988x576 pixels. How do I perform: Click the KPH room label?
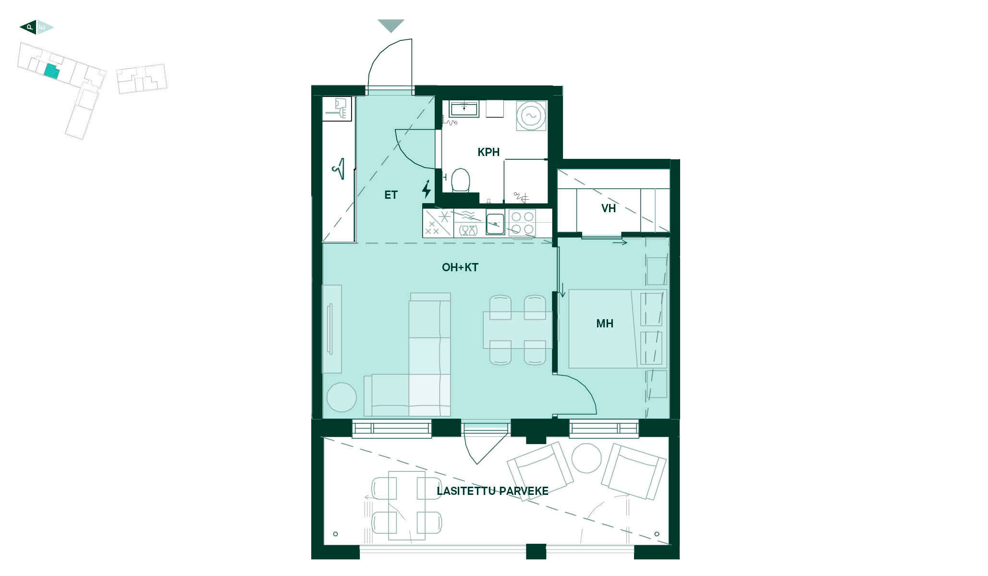[x=488, y=152]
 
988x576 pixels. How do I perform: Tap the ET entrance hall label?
[x=391, y=195]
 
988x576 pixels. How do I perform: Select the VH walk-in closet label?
[x=609, y=208]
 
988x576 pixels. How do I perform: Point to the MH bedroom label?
[x=605, y=324]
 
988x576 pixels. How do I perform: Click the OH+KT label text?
[x=460, y=267]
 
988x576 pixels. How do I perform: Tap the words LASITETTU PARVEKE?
[x=492, y=491]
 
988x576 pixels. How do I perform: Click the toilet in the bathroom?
[x=461, y=180]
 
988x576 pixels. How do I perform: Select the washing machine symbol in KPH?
[x=531, y=116]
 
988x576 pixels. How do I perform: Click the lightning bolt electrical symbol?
[x=426, y=190]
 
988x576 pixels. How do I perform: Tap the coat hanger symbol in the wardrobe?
[x=339, y=169]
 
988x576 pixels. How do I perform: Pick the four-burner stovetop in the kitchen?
[x=522, y=223]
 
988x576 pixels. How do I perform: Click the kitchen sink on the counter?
[x=495, y=222]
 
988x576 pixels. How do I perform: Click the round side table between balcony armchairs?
[x=586, y=458]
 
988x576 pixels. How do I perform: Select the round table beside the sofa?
[x=342, y=397]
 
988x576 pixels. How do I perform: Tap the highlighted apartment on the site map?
[x=52, y=72]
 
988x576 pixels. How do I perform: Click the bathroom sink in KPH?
[x=464, y=108]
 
